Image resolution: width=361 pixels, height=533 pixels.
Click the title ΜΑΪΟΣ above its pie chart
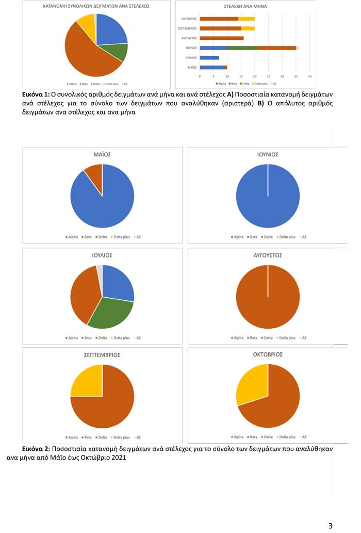tap(102, 154)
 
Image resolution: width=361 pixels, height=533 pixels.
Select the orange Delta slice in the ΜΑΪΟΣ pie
tap(94, 174)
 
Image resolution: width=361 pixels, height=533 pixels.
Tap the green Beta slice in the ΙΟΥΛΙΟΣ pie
tap(111, 313)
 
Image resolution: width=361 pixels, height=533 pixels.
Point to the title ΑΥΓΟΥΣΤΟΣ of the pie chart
tap(268, 255)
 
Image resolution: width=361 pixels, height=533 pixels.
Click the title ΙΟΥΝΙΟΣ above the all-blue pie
tap(268, 154)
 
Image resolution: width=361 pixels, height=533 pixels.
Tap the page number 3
tap(331, 526)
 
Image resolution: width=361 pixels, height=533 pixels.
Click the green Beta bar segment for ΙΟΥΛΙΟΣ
tap(242, 47)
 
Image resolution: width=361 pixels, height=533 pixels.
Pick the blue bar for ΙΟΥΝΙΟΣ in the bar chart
tap(209, 57)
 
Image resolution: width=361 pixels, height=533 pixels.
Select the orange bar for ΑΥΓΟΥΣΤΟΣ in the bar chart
tap(221, 38)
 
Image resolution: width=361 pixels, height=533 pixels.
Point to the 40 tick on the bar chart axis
tap(310, 76)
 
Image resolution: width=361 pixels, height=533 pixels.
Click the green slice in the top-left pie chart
tap(120, 52)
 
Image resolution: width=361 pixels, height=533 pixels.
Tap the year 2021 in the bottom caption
tap(116, 458)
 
